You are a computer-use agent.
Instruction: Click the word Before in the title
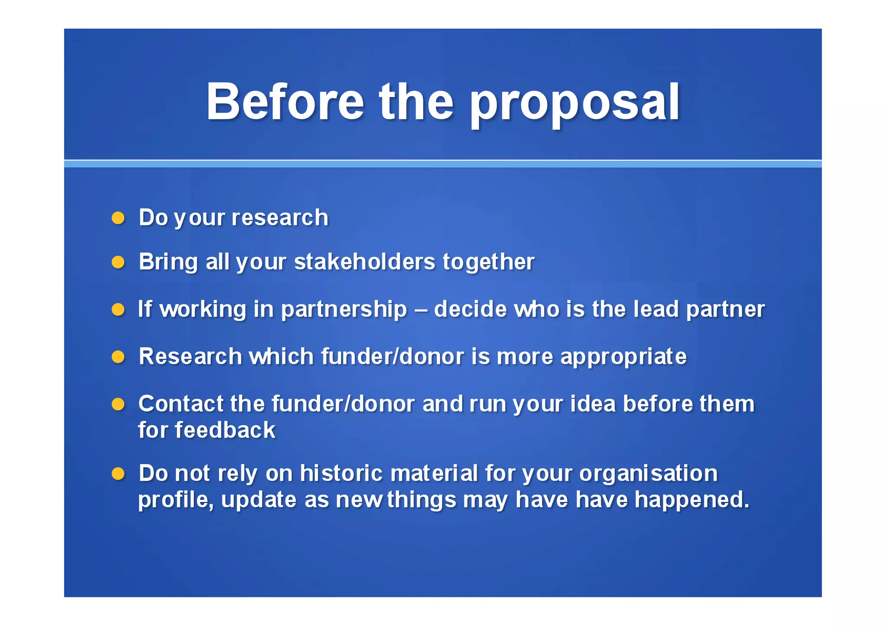[285, 102]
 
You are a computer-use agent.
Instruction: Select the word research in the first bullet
[280, 218]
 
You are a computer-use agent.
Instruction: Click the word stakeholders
[365, 262]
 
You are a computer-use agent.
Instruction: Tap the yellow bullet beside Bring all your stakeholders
[118, 262]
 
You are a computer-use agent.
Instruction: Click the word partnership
[344, 310]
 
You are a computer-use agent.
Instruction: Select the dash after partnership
[421, 310]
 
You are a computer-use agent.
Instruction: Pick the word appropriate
[623, 357]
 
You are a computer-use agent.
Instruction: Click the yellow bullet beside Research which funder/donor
[118, 357]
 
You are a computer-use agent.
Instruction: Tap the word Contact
[180, 404]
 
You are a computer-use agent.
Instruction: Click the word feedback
[225, 430]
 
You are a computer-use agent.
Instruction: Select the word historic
[341, 473]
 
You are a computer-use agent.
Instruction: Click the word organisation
[648, 474]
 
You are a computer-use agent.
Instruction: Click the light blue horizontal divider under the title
[443, 164]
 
